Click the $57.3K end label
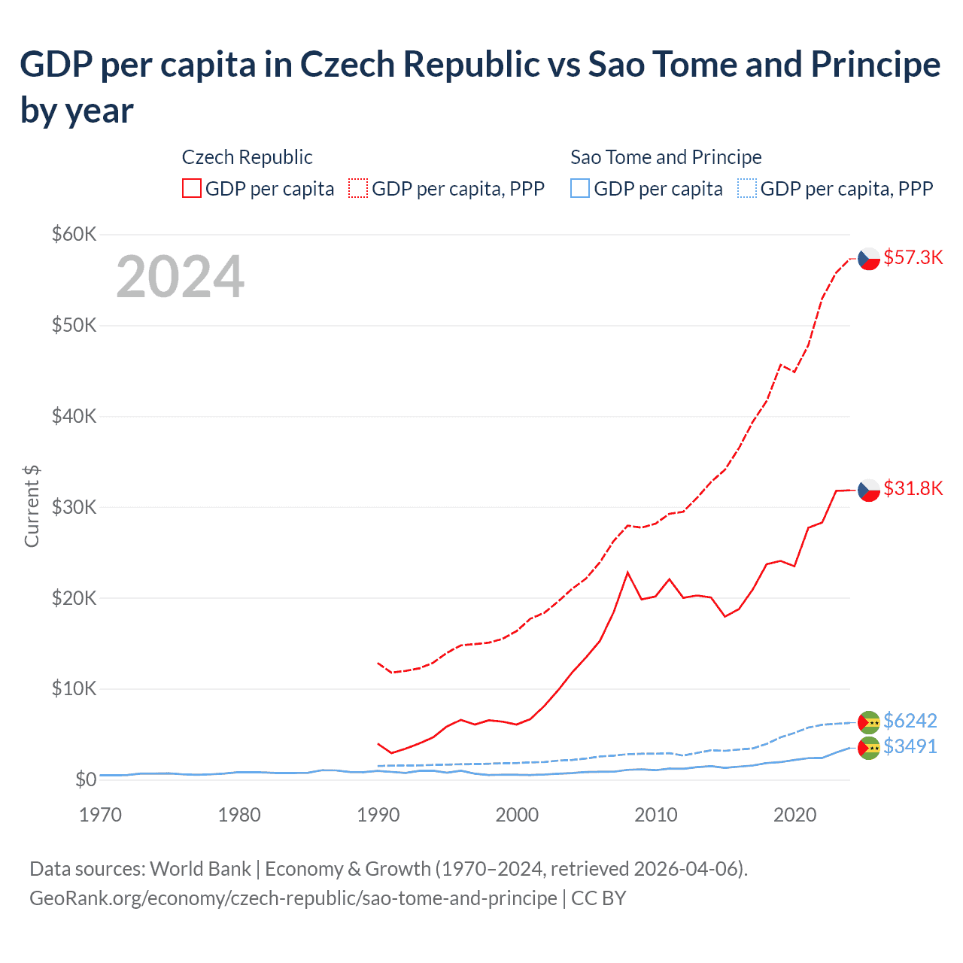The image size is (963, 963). [x=913, y=257]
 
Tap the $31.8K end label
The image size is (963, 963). [x=913, y=488]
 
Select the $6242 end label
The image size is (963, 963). [x=910, y=721]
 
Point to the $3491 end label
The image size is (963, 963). [x=910, y=746]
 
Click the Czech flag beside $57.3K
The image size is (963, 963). [x=869, y=258]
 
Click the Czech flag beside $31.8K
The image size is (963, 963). [x=869, y=490]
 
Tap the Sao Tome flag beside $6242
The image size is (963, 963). [x=869, y=722]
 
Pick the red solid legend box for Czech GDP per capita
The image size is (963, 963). [x=192, y=188]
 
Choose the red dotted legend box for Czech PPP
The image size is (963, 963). [x=358, y=188]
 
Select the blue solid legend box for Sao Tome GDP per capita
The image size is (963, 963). [x=580, y=188]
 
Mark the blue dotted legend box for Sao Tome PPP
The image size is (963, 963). [x=747, y=188]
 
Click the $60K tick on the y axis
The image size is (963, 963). [x=74, y=234]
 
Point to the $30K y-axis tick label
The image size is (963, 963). [x=74, y=507]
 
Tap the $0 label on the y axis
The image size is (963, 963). [x=86, y=779]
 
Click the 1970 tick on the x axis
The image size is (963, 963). [x=100, y=815]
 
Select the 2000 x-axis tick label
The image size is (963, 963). [x=517, y=815]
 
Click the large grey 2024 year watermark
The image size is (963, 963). [x=180, y=277]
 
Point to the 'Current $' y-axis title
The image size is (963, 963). [x=32, y=506]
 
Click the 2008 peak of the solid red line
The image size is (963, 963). [x=627, y=573]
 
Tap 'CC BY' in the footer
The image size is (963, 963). [x=598, y=898]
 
